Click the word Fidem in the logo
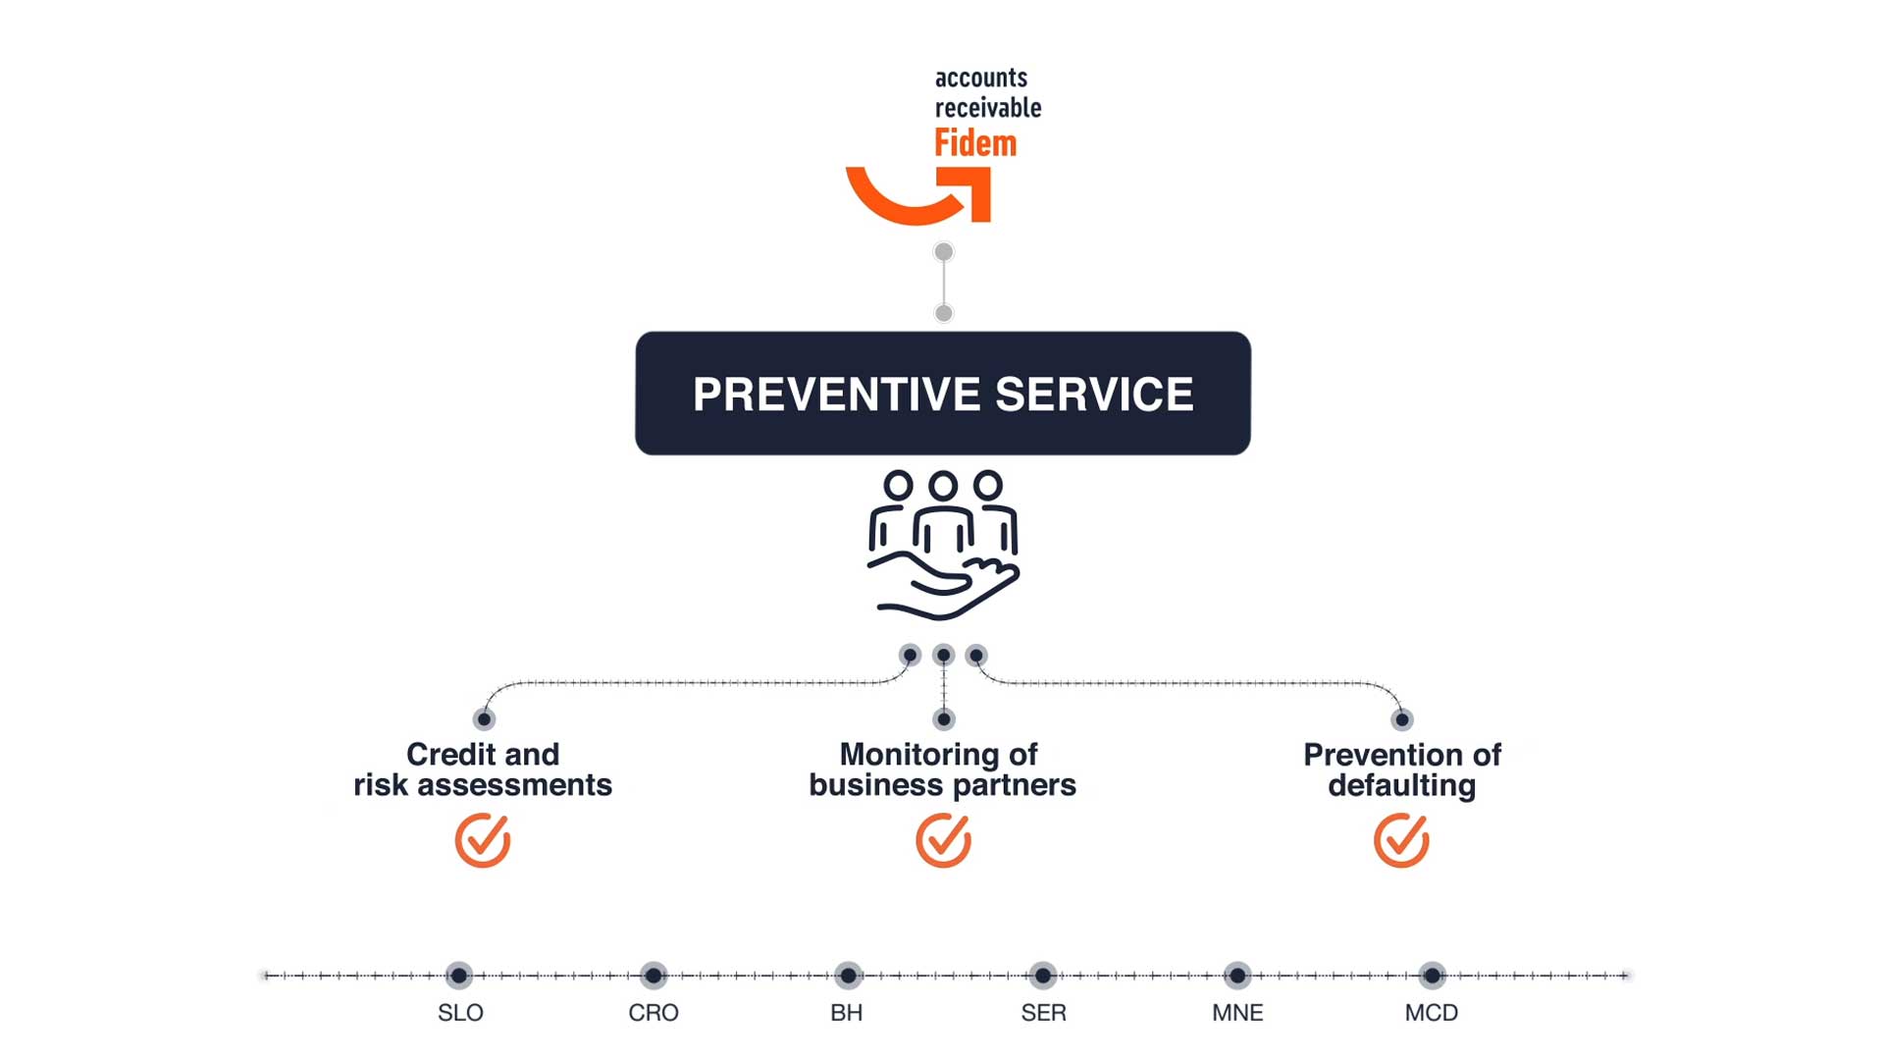pyautogui.click(x=975, y=143)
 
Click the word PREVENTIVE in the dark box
pyautogui.click(x=836, y=395)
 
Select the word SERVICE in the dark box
pyautogui.click(x=1094, y=395)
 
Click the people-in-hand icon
pyautogui.click(x=943, y=546)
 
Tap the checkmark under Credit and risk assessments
pyautogui.click(x=483, y=840)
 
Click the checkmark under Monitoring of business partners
pyautogui.click(x=943, y=840)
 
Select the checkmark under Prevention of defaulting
pyautogui.click(x=1401, y=840)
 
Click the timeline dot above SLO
pyautogui.click(x=459, y=976)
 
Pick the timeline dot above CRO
pyautogui.click(x=654, y=976)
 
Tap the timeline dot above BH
pyautogui.click(x=848, y=976)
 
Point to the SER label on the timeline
pyautogui.click(x=1043, y=1013)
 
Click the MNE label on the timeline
pyautogui.click(x=1237, y=1013)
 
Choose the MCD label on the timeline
pyautogui.click(x=1432, y=1013)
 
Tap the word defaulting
pyautogui.click(x=1401, y=785)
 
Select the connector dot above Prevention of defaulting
pyautogui.click(x=1402, y=719)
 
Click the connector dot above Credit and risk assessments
pyautogui.click(x=484, y=719)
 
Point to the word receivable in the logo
pyautogui.click(x=988, y=107)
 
